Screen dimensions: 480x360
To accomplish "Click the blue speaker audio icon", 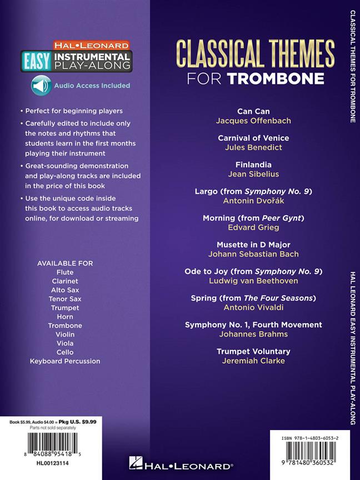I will click(x=41, y=86).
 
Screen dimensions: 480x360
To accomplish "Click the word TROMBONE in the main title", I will click(x=276, y=78).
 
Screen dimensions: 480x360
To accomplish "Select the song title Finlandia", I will click(x=253, y=164).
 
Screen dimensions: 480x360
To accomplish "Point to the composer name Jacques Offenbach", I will click(x=253, y=121).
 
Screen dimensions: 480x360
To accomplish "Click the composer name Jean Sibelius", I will click(x=253, y=174).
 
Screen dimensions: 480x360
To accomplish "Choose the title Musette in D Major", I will click(x=253, y=244).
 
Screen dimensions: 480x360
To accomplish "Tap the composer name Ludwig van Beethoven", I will click(x=253, y=281).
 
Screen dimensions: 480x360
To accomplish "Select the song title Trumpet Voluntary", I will click(x=253, y=351).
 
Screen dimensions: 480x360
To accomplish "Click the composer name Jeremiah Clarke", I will click(x=253, y=361).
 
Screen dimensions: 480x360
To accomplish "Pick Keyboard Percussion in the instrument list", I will click(x=65, y=361).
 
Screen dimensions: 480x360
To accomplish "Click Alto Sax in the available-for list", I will click(x=65, y=290).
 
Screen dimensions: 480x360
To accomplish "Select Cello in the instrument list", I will click(x=65, y=352).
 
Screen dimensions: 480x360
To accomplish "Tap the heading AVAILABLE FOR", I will click(x=65, y=263).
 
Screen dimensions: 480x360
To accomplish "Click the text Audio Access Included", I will click(x=92, y=86).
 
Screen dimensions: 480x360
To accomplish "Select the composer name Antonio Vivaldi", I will click(x=253, y=307).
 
